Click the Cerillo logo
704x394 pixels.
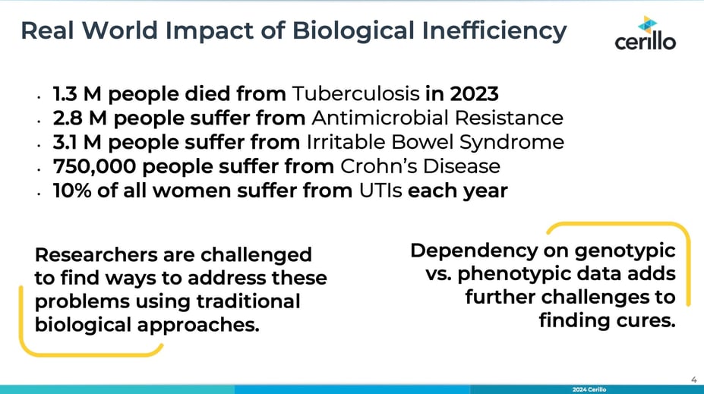point(646,33)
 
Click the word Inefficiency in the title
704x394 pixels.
point(494,31)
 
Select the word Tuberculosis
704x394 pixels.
point(355,94)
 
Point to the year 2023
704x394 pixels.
point(474,94)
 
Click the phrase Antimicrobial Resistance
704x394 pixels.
point(437,118)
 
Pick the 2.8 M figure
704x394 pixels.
point(80,118)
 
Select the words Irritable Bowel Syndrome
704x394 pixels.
point(435,142)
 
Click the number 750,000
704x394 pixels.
point(94,166)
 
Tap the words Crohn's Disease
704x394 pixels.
point(420,166)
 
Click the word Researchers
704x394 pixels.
point(96,254)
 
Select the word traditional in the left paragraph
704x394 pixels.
point(249,301)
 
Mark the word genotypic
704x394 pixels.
point(625,251)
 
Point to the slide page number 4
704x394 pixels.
point(693,380)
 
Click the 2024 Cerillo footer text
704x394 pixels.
point(589,389)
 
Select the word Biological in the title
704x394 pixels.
point(353,31)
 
